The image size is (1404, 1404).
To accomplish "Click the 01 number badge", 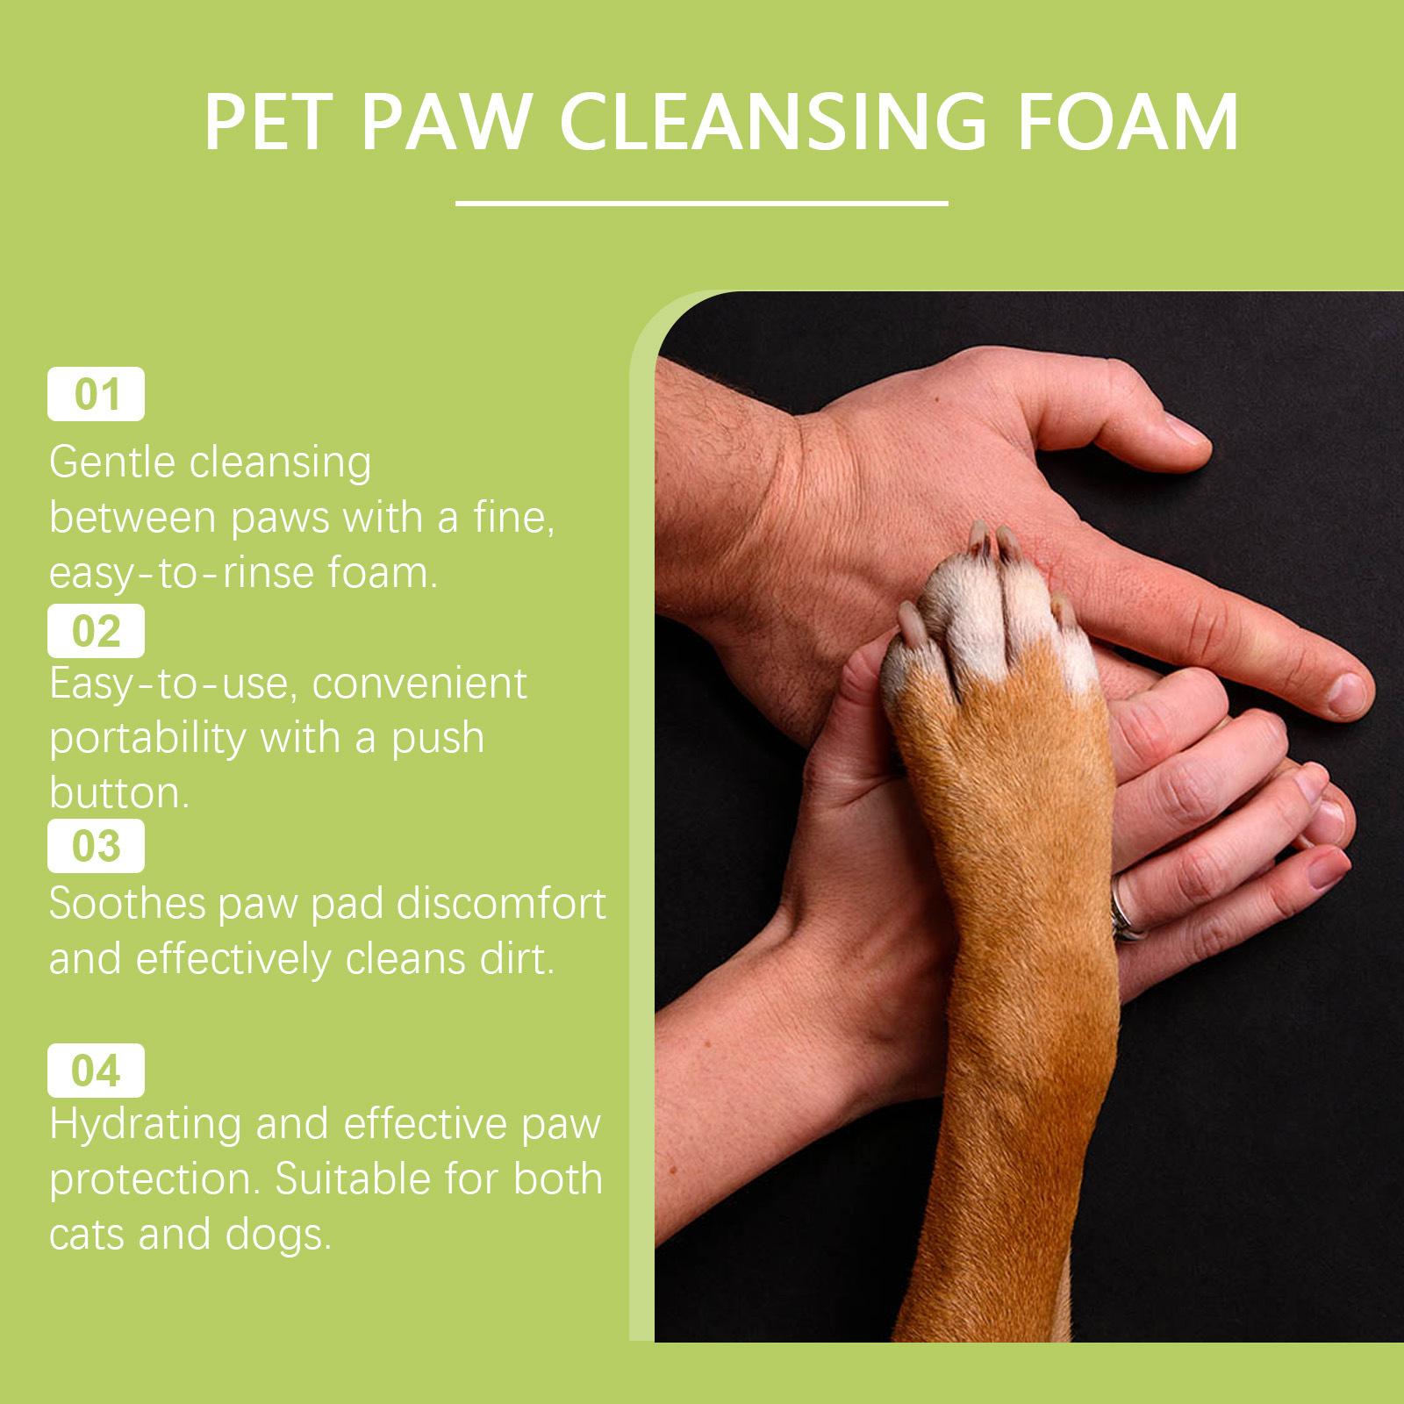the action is click(x=96, y=395).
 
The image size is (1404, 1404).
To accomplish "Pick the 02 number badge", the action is click(x=96, y=631).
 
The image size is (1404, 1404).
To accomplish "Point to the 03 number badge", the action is click(x=96, y=846).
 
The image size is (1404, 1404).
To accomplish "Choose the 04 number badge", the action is click(x=96, y=1071).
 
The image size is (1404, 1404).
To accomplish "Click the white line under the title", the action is click(x=702, y=204).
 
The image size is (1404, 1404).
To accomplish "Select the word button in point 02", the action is click(x=118, y=792).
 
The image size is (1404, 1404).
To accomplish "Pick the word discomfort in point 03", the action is click(x=502, y=904).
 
